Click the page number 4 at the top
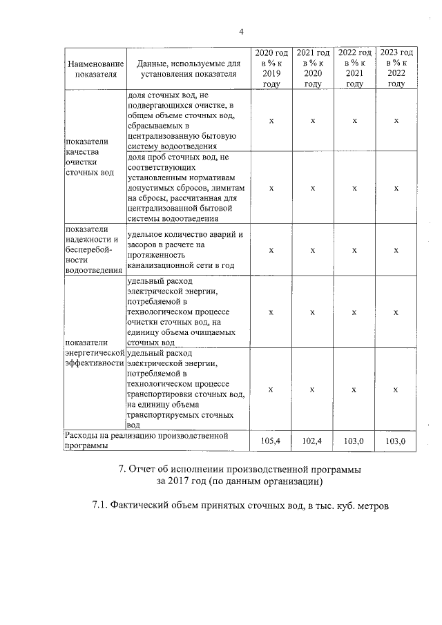pyautogui.click(x=241, y=31)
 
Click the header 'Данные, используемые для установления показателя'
pyautogui.click(x=188, y=68)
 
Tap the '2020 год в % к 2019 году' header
pyautogui.click(x=271, y=68)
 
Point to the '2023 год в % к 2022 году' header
pyautogui.click(x=396, y=68)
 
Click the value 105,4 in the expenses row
pyautogui.click(x=271, y=441)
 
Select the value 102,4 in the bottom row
pyautogui.click(x=313, y=441)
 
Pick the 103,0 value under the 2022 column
pyautogui.click(x=354, y=441)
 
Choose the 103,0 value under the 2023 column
pyautogui.click(x=396, y=441)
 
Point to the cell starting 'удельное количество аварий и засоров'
pyautogui.click(x=186, y=249)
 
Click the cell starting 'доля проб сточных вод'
pyautogui.click(x=186, y=187)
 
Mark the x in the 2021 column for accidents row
pyautogui.click(x=313, y=250)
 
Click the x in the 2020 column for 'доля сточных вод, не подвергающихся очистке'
pyautogui.click(x=271, y=121)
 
